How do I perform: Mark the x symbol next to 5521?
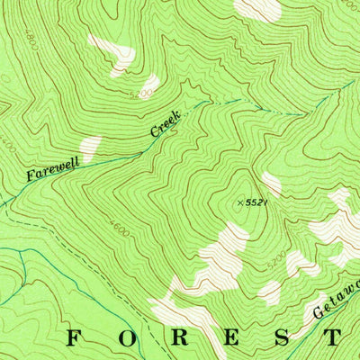pyautogui.click(x=240, y=203)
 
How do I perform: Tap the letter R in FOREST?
pyautogui.click(x=180, y=338)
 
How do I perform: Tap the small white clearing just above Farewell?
pyautogui.click(x=90, y=147)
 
